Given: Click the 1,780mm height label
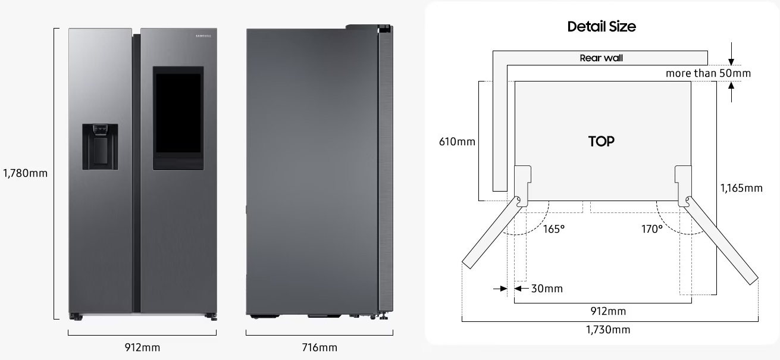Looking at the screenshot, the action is pyautogui.click(x=25, y=173).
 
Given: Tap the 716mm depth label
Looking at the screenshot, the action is pyautogui.click(x=319, y=348).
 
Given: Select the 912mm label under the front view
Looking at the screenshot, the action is pyautogui.click(x=142, y=348).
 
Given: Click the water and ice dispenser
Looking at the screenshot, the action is pyautogui.click(x=101, y=147).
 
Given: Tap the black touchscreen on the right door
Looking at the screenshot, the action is pyautogui.click(x=178, y=114).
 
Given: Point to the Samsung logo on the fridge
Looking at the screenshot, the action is pyautogui.click(x=203, y=36).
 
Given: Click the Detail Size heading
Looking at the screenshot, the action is pyautogui.click(x=602, y=26).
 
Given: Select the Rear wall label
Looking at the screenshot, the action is pyautogui.click(x=602, y=58).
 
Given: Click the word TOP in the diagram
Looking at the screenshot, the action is pyautogui.click(x=602, y=142).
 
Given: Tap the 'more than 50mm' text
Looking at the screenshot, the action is pyautogui.click(x=708, y=73).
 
